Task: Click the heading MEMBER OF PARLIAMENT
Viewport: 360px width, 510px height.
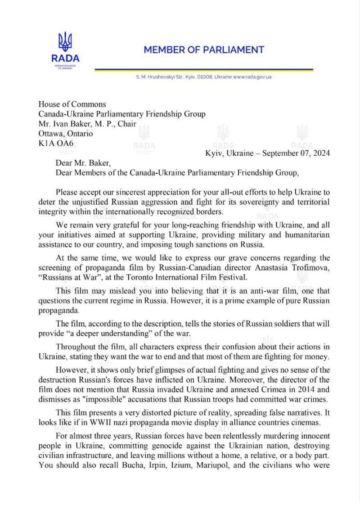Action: [x=204, y=50]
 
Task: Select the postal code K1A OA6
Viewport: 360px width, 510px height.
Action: [x=57, y=144]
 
